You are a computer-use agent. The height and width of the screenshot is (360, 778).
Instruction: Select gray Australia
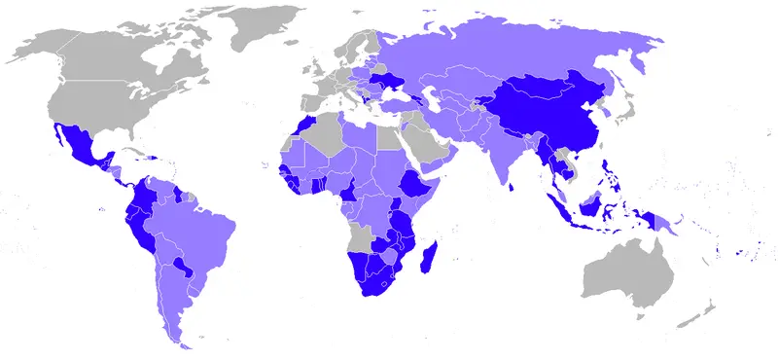tap(627, 272)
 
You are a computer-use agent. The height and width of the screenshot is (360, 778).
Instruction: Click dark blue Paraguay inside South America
tap(180, 266)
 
